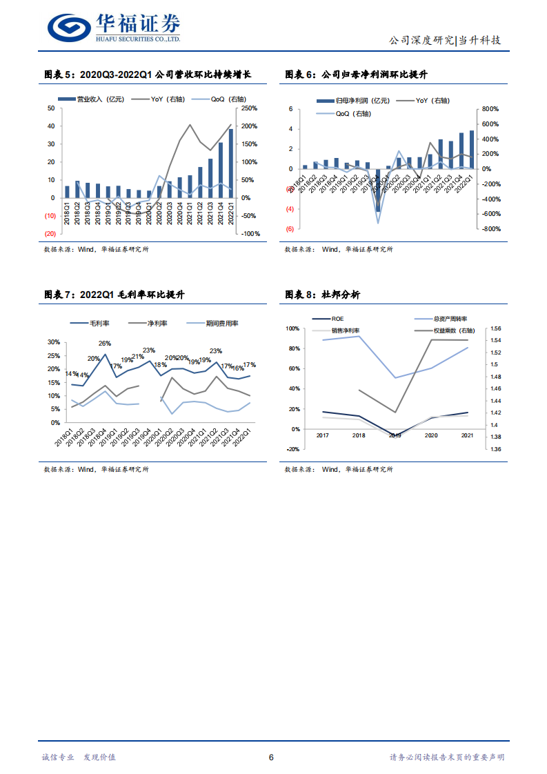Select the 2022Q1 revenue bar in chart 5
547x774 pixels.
point(231,158)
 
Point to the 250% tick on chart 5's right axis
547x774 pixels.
point(249,108)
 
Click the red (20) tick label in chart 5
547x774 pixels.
point(50,233)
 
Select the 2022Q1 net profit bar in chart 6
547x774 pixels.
point(472,150)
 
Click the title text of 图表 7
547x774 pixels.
point(115,295)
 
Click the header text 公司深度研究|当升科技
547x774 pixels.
point(445,40)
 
